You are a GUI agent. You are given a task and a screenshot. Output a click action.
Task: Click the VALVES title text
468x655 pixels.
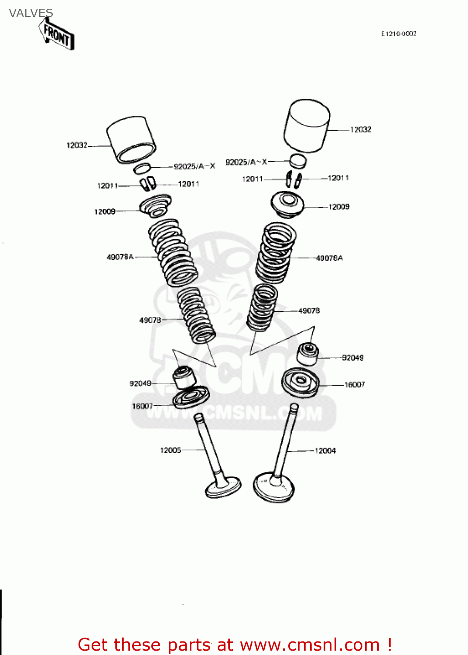click(31, 13)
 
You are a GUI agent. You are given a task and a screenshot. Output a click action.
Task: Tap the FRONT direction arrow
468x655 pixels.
click(57, 35)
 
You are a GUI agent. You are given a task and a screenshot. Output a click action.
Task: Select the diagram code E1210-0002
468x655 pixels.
click(399, 34)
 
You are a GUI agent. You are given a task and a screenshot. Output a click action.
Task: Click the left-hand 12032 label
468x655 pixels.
click(77, 145)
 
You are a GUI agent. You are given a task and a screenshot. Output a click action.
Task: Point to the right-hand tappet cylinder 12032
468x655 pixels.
click(306, 125)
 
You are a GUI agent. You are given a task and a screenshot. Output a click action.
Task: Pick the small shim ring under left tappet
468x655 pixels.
click(142, 168)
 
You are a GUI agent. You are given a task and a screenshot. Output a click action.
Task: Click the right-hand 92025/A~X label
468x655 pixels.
click(246, 162)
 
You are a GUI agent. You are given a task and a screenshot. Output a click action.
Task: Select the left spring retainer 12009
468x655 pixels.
click(155, 206)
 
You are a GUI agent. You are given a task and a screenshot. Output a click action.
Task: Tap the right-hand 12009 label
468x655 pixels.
click(339, 207)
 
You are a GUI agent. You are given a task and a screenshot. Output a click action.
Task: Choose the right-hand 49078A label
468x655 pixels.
click(329, 258)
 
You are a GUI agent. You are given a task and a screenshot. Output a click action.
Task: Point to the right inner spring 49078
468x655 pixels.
click(262, 307)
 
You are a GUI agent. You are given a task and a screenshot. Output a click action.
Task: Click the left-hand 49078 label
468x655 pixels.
click(150, 320)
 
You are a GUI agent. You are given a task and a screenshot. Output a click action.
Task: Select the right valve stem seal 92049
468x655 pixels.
click(308, 354)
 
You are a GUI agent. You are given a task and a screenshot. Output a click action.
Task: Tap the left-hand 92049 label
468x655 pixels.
click(140, 383)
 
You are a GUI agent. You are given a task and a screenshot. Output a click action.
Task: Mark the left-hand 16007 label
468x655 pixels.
click(143, 406)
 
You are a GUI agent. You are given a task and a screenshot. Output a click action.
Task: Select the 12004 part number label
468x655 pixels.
click(325, 451)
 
